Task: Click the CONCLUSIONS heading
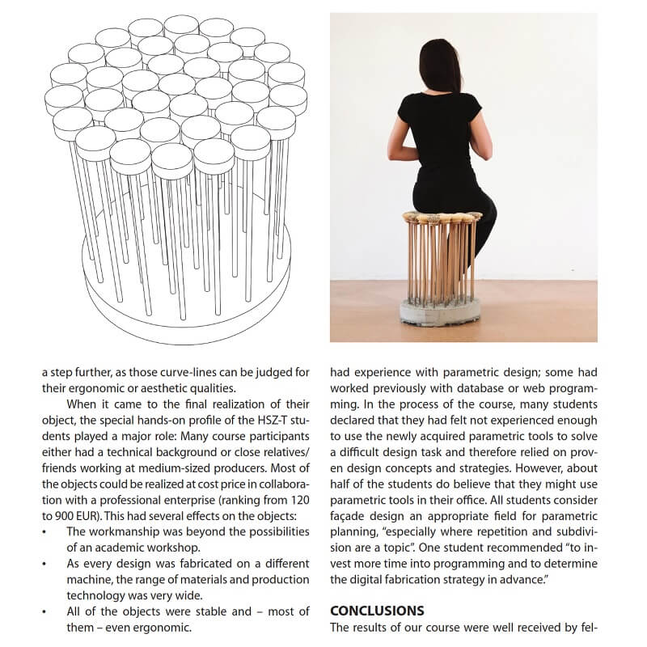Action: [x=378, y=610]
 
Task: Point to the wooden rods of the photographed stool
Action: [x=440, y=259]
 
